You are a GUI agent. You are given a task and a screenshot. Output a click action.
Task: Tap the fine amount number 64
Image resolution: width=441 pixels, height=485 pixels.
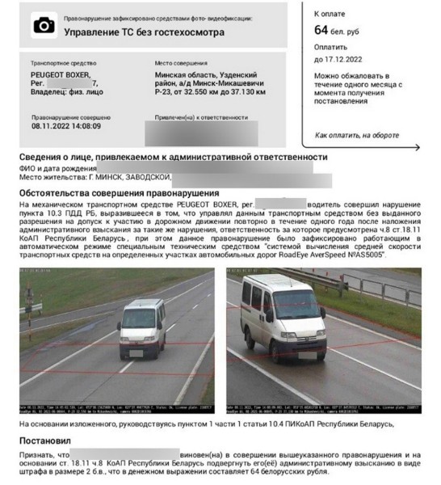[322, 30]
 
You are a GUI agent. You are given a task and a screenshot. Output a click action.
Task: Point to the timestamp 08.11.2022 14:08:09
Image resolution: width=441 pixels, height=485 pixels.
[66, 126]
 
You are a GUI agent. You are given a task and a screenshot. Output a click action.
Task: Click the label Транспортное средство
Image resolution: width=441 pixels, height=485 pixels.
[64, 62]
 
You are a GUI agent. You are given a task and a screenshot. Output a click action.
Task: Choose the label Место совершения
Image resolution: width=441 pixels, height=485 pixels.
[182, 62]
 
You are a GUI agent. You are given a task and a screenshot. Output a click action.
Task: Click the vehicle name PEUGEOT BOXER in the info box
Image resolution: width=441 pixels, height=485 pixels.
[61, 74]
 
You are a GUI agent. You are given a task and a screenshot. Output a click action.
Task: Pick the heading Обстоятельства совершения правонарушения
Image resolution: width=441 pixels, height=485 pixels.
[118, 194]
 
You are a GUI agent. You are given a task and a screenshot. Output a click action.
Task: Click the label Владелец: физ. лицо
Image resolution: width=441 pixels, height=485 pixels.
[67, 93]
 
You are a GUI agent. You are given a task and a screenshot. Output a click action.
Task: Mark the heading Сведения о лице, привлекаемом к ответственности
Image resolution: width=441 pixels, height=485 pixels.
[173, 156]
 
